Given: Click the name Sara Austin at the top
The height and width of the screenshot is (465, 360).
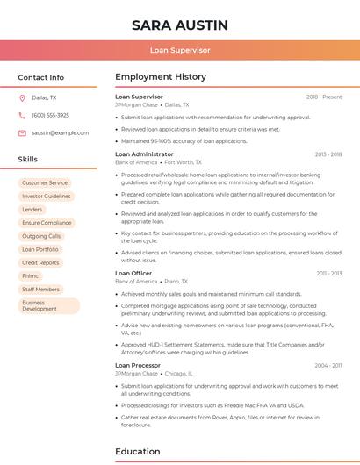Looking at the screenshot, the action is pyautogui.click(x=180, y=25).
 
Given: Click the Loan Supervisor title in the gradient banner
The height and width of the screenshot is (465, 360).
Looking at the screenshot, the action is pyautogui.click(x=180, y=51).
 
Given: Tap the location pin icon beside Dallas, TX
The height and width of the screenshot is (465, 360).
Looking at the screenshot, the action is pyautogui.click(x=22, y=97).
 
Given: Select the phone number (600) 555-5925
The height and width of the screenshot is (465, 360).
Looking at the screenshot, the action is pyautogui.click(x=50, y=115).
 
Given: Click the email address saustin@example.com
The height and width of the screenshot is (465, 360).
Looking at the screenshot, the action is pyautogui.click(x=61, y=132).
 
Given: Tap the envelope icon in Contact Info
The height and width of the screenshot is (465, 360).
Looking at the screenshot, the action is pyautogui.click(x=22, y=132).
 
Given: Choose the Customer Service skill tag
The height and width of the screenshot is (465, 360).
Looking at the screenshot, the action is pyautogui.click(x=45, y=182).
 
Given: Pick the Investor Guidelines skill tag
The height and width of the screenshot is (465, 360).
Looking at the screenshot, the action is pyautogui.click(x=47, y=197).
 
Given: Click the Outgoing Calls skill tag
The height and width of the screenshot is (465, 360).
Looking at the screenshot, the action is pyautogui.click(x=41, y=236).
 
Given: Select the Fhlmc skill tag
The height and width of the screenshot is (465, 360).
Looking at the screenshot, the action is pyautogui.click(x=31, y=275).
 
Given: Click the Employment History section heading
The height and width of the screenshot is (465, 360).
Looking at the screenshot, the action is pyautogui.click(x=161, y=77).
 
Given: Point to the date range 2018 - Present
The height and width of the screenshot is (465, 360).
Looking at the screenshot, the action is pyautogui.click(x=324, y=97).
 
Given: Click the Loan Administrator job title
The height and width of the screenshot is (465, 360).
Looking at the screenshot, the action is pyautogui.click(x=145, y=154).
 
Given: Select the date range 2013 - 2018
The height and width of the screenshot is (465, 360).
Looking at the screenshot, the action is pyautogui.click(x=328, y=154).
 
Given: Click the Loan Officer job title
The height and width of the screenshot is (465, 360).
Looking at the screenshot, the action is pyautogui.click(x=133, y=273).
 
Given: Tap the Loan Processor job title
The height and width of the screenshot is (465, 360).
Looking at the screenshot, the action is pyautogui.click(x=138, y=365).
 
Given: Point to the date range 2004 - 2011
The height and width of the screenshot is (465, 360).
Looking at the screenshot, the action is pyautogui.click(x=328, y=365).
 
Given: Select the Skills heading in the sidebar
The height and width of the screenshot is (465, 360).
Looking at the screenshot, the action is pyautogui.click(x=28, y=160).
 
